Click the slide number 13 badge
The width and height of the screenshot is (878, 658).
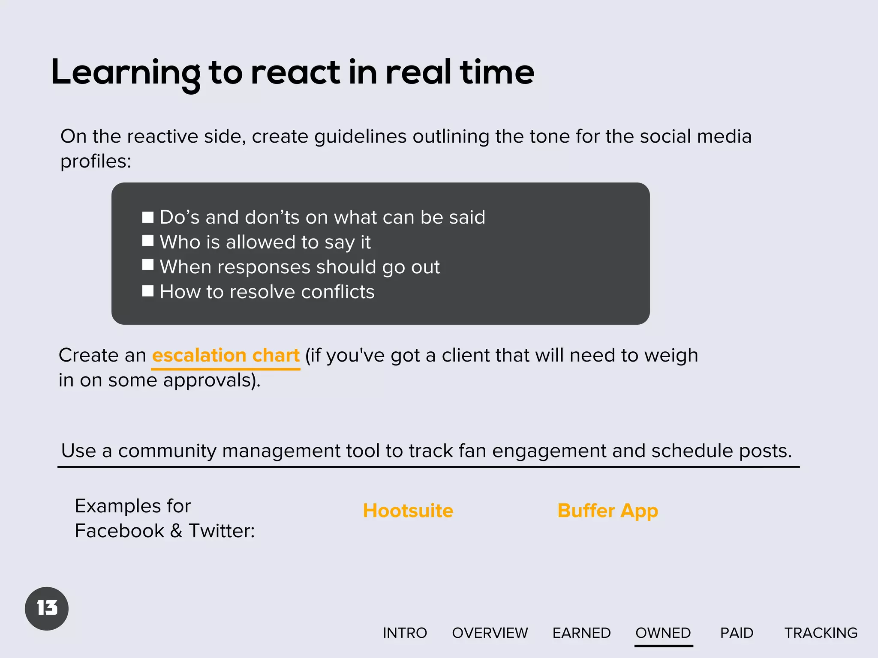pyautogui.click(x=47, y=608)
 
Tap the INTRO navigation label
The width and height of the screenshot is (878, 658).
pyautogui.click(x=405, y=633)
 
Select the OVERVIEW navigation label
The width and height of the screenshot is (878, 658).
pyautogui.click(x=490, y=633)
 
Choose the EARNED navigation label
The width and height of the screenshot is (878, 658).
pyautogui.click(x=581, y=633)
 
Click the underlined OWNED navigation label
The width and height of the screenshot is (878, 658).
pyautogui.click(x=663, y=633)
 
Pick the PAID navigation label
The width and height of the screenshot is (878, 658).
pyautogui.click(x=737, y=633)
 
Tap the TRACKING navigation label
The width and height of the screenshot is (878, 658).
pyautogui.click(x=821, y=633)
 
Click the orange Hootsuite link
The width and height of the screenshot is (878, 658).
pyautogui.click(x=408, y=511)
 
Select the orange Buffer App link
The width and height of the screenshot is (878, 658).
pyautogui.click(x=607, y=511)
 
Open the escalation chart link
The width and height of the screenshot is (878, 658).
pyautogui.click(x=226, y=356)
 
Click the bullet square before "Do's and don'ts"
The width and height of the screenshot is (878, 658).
pyautogui.click(x=148, y=217)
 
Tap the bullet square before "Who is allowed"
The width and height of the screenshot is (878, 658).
pyautogui.click(x=148, y=241)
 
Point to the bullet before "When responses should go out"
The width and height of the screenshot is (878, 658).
pyautogui.click(x=148, y=265)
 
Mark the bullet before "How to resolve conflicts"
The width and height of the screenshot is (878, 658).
pyautogui.click(x=148, y=291)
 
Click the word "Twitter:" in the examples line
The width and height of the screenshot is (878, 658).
pyautogui.click(x=222, y=531)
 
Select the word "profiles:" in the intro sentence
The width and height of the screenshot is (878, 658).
pyautogui.click(x=96, y=162)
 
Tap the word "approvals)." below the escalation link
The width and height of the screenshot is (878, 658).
pyautogui.click(x=212, y=380)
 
